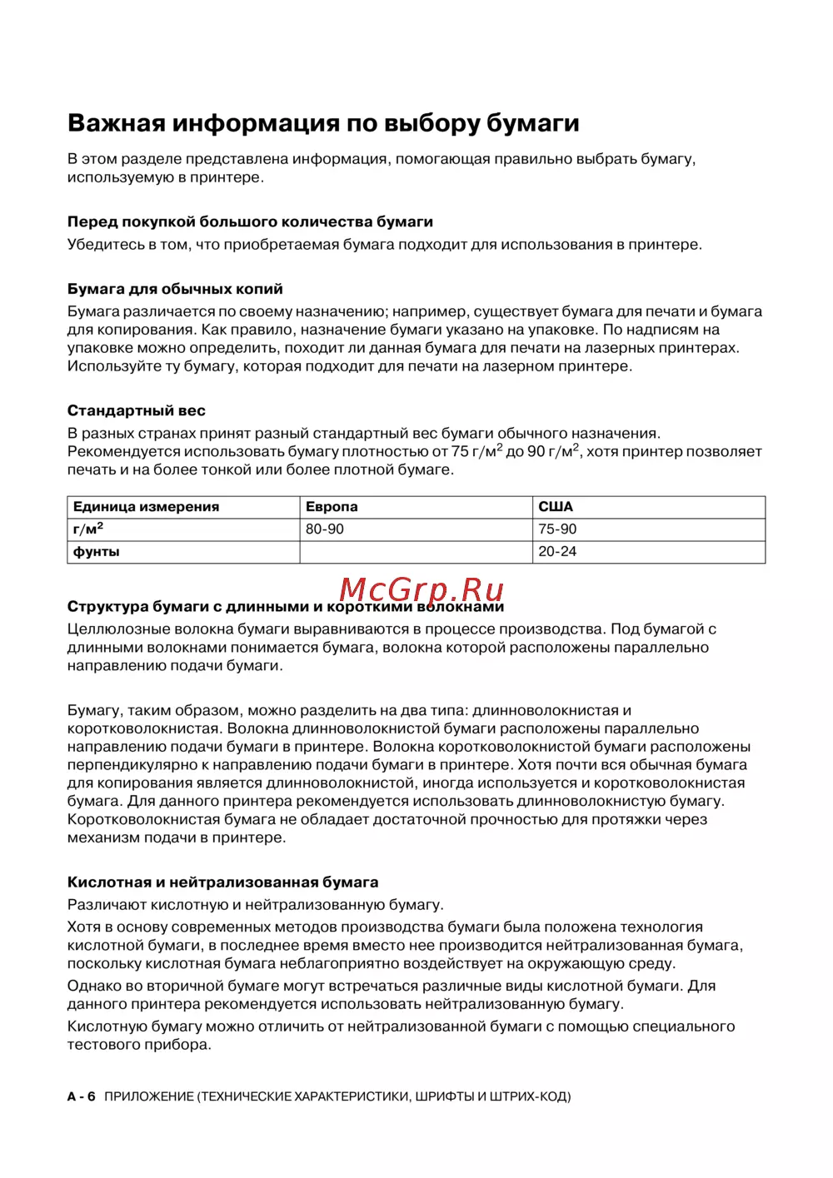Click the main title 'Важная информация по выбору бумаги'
coord(323,123)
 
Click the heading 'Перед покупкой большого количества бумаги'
coord(250,222)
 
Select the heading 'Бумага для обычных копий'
coord(175,290)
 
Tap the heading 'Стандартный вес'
coord(136,411)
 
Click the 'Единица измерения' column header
coord(147,507)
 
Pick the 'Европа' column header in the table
coord(332,507)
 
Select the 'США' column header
coord(556,507)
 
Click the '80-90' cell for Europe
coord(325,529)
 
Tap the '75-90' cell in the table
coord(557,529)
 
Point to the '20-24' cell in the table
coord(557,552)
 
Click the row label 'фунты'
coord(97,552)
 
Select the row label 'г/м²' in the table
coord(88,529)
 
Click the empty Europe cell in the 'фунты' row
coord(416,552)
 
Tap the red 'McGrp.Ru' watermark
coord(421,589)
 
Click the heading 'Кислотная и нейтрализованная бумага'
coord(222,882)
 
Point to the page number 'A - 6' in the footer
coord(82,1097)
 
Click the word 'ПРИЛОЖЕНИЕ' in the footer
coord(149,1097)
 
